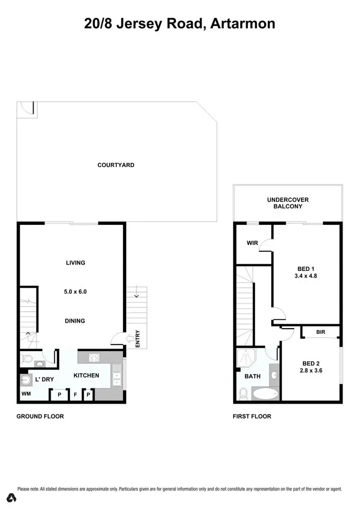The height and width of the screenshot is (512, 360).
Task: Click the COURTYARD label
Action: [116, 165]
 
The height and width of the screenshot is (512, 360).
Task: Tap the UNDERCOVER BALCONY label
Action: [288, 203]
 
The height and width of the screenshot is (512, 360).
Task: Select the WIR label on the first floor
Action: [252, 243]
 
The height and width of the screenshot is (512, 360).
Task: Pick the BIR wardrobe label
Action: [321, 332]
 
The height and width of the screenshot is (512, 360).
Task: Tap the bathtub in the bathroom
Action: [264, 394]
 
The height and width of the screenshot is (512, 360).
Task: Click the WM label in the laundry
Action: [25, 394]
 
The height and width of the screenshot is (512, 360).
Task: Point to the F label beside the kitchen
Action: [74, 395]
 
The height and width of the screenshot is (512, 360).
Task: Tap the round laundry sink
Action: [25, 380]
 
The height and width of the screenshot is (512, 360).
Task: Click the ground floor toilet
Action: [27, 358]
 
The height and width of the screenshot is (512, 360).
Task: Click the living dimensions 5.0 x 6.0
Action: [75, 292]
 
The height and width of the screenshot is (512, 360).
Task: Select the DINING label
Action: [75, 321]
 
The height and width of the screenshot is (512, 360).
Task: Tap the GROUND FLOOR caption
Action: [40, 416]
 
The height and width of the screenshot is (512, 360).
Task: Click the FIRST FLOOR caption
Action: [252, 416]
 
